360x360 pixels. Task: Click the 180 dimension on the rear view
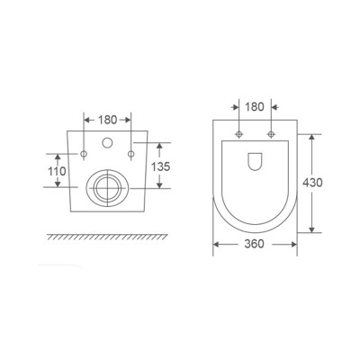click(107, 119)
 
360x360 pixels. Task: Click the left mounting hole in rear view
click(84, 155)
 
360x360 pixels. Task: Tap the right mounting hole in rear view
click(131, 155)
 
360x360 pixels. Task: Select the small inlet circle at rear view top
click(107, 143)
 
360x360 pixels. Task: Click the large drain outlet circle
click(107, 188)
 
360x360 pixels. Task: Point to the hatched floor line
click(107, 237)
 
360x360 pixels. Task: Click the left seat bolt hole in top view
click(239, 135)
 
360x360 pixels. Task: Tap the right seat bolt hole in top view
click(270, 135)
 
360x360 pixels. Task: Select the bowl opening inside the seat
click(255, 162)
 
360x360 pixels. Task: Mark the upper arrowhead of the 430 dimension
click(313, 138)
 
